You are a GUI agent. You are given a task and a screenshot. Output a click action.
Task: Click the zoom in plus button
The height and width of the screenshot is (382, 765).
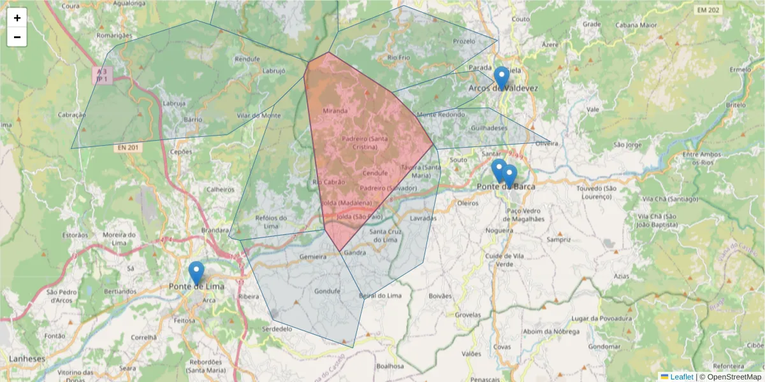click(x=17, y=18)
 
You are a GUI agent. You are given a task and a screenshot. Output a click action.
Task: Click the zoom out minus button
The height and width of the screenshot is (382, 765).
click(x=17, y=37)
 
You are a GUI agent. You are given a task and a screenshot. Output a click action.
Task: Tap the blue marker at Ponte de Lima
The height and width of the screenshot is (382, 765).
click(x=196, y=272)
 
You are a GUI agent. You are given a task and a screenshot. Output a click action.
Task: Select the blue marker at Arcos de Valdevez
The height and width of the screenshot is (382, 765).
click(x=502, y=78)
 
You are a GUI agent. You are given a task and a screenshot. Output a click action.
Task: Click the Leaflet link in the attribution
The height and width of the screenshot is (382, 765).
click(x=681, y=377)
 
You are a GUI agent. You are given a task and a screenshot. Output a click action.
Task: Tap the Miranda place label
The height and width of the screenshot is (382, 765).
click(x=336, y=111)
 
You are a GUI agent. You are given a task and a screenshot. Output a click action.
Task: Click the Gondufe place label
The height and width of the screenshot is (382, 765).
click(x=327, y=292)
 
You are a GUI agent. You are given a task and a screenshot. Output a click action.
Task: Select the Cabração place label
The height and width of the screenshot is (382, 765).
click(x=71, y=115)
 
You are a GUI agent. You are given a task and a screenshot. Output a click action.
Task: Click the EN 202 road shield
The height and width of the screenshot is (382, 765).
click(x=708, y=10)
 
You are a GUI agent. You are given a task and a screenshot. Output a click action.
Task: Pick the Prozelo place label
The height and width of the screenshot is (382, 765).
click(x=464, y=41)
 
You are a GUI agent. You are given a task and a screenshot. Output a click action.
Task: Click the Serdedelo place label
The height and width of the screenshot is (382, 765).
click(x=277, y=329)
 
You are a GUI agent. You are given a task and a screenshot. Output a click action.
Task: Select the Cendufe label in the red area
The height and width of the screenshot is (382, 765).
click(x=375, y=173)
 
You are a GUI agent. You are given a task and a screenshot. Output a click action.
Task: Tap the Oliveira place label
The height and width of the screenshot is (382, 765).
click(x=546, y=143)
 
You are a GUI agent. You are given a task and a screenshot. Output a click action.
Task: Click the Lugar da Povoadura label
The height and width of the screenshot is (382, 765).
click(x=602, y=318)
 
